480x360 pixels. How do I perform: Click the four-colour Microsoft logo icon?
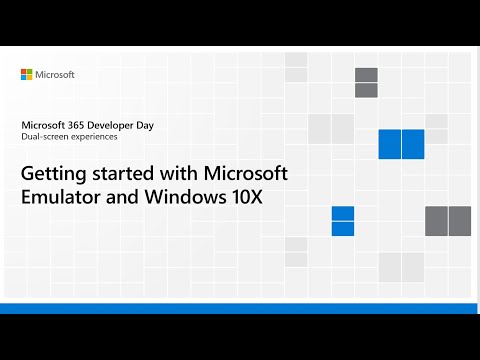(27, 75)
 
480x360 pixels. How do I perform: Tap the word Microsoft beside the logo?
(55, 75)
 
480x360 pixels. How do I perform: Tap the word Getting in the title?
(53, 173)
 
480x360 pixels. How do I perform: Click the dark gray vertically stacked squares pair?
(366, 83)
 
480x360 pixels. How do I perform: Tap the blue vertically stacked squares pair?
(343, 221)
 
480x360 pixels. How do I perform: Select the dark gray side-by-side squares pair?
(448, 221)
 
